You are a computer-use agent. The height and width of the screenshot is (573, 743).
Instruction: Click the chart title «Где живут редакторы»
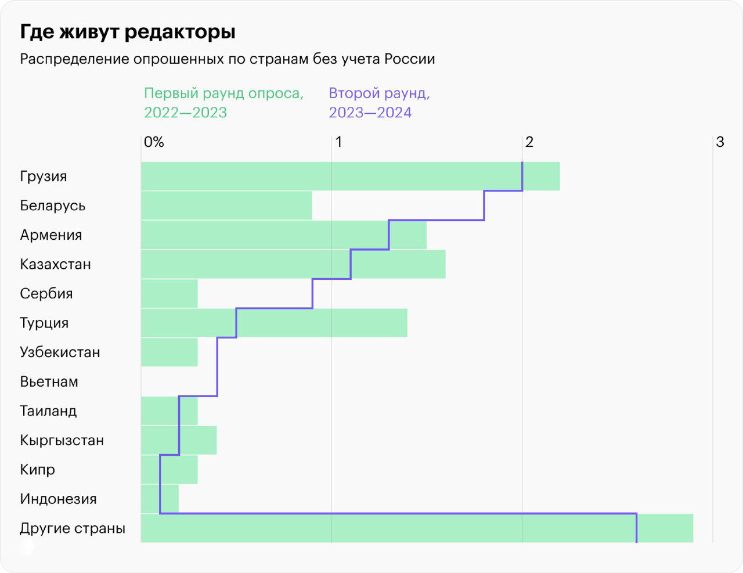pyautogui.click(x=128, y=31)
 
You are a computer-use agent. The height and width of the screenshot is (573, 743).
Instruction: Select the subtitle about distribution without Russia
pyautogui.click(x=227, y=59)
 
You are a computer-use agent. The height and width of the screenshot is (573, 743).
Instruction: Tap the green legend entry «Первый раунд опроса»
pyautogui.click(x=223, y=102)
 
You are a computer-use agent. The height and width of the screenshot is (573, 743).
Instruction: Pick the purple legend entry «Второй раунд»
pyautogui.click(x=379, y=102)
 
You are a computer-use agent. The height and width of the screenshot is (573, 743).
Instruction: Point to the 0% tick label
pyautogui.click(x=154, y=142)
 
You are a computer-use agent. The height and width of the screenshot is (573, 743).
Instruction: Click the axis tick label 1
pyautogui.click(x=338, y=142)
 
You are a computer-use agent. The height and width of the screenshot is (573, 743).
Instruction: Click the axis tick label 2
pyautogui.click(x=529, y=142)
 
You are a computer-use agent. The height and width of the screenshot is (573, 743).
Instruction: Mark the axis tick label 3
pyautogui.click(x=720, y=142)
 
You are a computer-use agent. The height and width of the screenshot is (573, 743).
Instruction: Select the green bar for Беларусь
pyautogui.click(x=226, y=206)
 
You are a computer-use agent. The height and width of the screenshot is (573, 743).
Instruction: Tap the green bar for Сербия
pyautogui.click(x=169, y=293)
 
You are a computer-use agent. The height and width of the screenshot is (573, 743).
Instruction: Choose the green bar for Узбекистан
pyautogui.click(x=169, y=352)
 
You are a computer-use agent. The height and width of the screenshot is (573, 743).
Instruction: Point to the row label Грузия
pyautogui.click(x=44, y=176)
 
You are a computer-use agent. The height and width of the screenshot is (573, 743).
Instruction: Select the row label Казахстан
pyautogui.click(x=55, y=264)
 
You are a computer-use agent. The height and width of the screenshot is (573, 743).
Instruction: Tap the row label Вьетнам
pyautogui.click(x=49, y=381)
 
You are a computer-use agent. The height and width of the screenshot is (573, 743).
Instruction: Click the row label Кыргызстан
pyautogui.click(x=62, y=440)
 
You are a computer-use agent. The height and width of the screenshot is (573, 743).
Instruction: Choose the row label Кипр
pyautogui.click(x=37, y=470)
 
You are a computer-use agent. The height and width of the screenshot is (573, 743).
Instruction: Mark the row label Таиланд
pyautogui.click(x=48, y=411)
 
